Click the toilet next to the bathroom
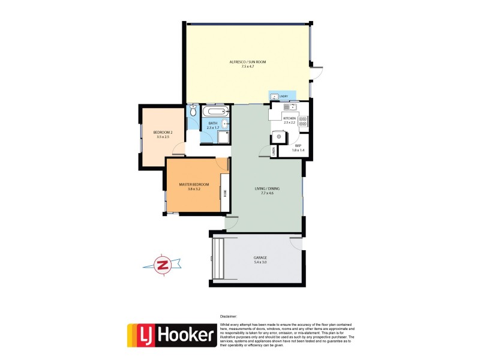tap(193, 112)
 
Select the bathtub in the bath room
tap(214, 112)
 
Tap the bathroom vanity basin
tap(224, 125)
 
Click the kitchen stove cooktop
tap(303, 123)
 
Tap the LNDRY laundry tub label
tap(284, 96)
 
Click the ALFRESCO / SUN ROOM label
tap(248, 62)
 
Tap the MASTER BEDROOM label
tap(194, 184)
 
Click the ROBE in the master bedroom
tap(225, 193)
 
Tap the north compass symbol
tap(161, 265)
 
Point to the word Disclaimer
tap(229, 316)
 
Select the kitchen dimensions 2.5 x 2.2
tap(290, 122)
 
